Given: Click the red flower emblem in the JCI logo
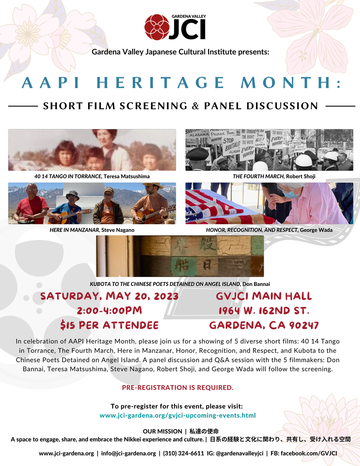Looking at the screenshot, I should click(x=157, y=27).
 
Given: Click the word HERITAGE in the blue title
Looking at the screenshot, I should click(x=161, y=83).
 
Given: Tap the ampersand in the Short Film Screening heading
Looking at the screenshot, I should click(x=195, y=106).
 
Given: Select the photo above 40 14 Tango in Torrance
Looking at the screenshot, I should click(x=92, y=150).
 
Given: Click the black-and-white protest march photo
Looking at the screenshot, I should click(x=269, y=150).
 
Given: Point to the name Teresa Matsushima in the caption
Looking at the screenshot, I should click(x=126, y=176).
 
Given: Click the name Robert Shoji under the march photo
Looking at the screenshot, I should click(x=301, y=176).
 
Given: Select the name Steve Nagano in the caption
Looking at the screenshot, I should click(x=118, y=230).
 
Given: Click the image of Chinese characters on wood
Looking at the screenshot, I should click(x=180, y=256).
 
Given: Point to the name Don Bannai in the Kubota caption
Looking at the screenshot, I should click(x=256, y=284).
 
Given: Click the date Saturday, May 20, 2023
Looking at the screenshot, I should click(x=109, y=296).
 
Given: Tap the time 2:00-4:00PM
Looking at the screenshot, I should click(x=109, y=311).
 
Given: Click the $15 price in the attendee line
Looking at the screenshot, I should click(x=68, y=326).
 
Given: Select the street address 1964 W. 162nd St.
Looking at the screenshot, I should click(x=264, y=311).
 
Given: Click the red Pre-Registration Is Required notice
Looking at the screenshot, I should click(x=178, y=387).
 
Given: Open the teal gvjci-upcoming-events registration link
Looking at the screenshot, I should click(x=178, y=416).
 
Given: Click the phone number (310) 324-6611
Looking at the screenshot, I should click(x=184, y=453).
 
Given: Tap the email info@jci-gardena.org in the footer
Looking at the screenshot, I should click(x=129, y=453).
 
